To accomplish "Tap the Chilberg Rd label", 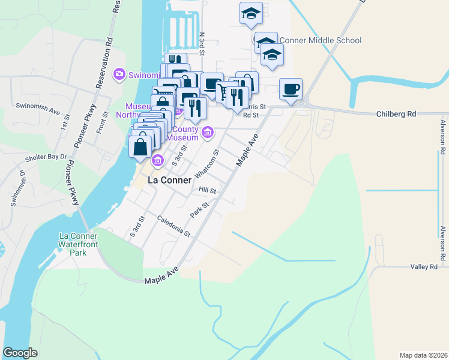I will point(396,113).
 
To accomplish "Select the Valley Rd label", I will point(424,267).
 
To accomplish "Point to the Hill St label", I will point(207,190).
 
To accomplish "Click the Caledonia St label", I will point(174,226).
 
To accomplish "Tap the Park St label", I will point(199,209).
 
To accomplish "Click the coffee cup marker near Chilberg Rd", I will point(291,89).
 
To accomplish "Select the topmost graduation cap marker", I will point(251,13).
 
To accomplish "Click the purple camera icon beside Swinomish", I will point(119,74).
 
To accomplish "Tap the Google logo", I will point(20,353).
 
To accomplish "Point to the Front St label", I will point(105,122).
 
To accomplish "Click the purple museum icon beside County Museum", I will point(208,132).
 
